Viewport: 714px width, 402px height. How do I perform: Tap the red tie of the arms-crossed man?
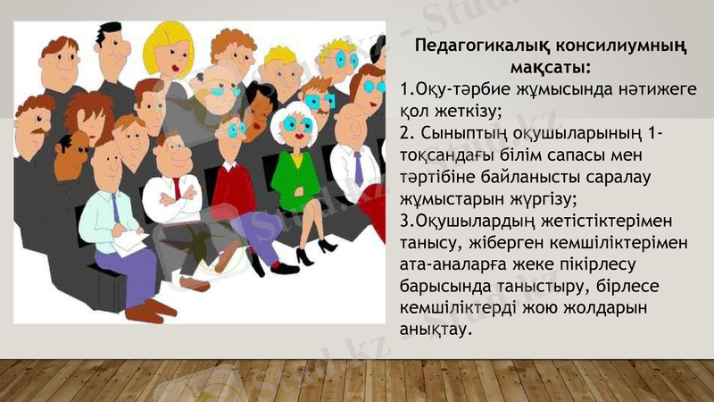pyautogui.click(x=176, y=187)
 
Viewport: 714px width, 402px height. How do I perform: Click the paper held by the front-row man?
pyautogui.click(x=126, y=240)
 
